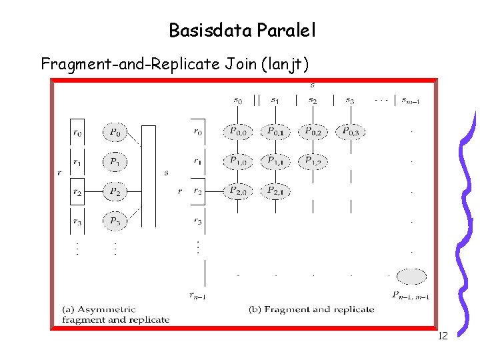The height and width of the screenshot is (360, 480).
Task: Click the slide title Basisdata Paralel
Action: (x=242, y=31)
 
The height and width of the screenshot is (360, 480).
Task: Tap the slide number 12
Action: (x=442, y=336)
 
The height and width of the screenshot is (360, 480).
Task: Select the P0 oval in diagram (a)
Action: (x=115, y=132)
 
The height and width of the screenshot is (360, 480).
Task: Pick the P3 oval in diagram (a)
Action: (x=115, y=220)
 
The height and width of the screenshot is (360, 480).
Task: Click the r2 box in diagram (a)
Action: (x=78, y=192)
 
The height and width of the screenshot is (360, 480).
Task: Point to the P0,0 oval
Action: (x=237, y=132)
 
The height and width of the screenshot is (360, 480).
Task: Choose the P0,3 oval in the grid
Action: (x=351, y=132)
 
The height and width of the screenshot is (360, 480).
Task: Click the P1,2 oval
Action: (x=313, y=161)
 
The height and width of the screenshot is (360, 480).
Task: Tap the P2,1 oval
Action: (x=275, y=191)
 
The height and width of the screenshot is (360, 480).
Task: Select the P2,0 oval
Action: (x=237, y=191)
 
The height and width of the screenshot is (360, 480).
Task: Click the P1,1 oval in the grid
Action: (x=275, y=161)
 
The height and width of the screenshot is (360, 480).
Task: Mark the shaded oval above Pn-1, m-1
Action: (x=411, y=276)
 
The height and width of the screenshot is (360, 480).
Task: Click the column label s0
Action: (x=238, y=100)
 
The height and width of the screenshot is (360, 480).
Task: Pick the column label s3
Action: (x=350, y=100)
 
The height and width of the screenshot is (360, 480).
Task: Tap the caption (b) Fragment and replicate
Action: (x=311, y=309)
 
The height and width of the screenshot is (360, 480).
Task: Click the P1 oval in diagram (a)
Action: (x=115, y=161)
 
